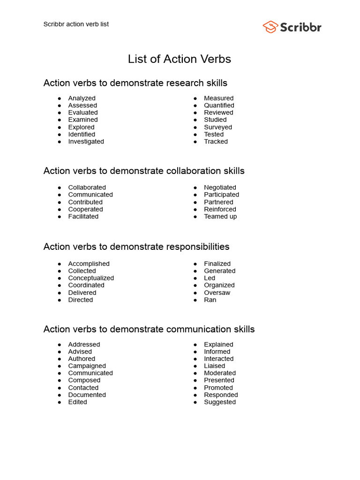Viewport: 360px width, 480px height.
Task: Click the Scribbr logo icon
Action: [270, 27]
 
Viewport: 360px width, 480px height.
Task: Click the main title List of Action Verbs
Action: [180, 59]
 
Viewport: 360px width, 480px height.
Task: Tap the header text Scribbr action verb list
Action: [76, 24]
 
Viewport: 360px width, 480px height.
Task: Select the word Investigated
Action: [86, 142]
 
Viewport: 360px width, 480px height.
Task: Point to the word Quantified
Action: [219, 105]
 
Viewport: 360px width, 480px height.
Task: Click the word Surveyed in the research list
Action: [218, 127]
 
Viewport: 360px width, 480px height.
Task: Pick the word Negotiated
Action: [220, 187]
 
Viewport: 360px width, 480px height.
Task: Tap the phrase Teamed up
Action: [220, 217]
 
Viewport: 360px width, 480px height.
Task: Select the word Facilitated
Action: [83, 217]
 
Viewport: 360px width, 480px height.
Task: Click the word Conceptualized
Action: [91, 278]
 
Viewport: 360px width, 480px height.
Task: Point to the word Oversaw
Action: [217, 292]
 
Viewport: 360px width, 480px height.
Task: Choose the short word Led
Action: [210, 278]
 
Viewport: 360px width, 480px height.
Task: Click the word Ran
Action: [210, 300]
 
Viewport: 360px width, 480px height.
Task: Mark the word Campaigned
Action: [87, 366]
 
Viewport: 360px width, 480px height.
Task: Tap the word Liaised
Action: [214, 366]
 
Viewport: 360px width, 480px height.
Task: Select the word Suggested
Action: [220, 402]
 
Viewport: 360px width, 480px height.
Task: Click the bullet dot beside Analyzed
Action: [60, 98]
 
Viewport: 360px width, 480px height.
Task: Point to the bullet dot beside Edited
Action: [60, 402]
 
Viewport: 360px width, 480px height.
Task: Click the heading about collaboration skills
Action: [144, 171]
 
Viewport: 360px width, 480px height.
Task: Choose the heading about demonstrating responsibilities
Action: [136, 247]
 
